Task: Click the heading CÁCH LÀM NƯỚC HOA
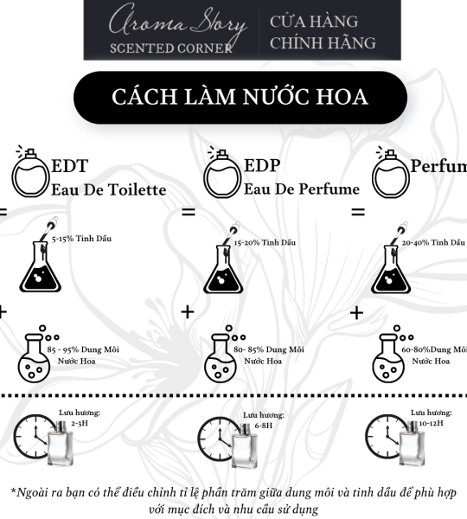pyautogui.click(x=239, y=97)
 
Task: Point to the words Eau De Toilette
pyautogui.click(x=108, y=189)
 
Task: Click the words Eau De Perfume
pyautogui.click(x=302, y=189)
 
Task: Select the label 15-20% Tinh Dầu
pyautogui.click(x=265, y=243)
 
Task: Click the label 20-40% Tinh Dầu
pyautogui.click(x=433, y=243)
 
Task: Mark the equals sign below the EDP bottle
pyautogui.click(x=188, y=212)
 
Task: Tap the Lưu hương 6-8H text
pyautogui.click(x=263, y=420)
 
